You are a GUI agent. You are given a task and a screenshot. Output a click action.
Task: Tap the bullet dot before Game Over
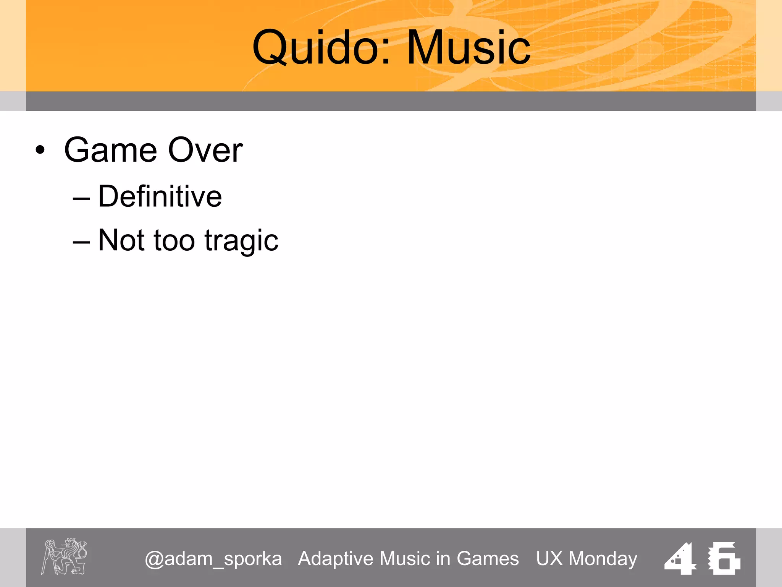40,150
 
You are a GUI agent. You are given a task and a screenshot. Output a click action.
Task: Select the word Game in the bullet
111,150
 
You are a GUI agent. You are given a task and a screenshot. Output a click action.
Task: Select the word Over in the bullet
205,150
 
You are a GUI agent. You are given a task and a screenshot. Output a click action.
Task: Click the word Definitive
160,196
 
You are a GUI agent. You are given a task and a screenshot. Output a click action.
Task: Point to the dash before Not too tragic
81,242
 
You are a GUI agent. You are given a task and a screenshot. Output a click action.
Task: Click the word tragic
241,241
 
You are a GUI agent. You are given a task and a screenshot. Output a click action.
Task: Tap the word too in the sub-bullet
174,241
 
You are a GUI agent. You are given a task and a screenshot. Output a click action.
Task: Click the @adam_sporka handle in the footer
213,559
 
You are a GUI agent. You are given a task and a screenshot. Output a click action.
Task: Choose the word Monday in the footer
603,559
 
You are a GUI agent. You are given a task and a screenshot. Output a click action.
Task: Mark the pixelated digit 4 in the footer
680,558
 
